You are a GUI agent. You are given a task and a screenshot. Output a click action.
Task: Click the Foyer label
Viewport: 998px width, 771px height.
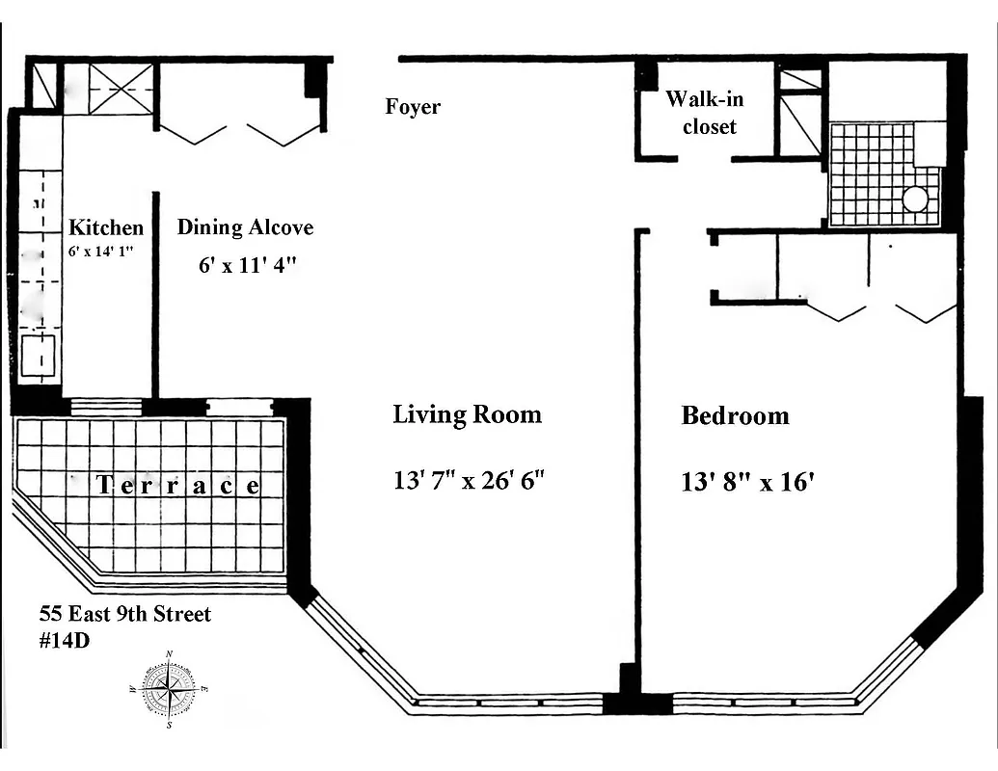(413, 107)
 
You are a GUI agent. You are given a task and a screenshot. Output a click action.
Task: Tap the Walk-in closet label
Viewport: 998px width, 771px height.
(705, 113)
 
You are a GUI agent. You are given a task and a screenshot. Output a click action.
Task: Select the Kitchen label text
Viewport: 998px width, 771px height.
(106, 228)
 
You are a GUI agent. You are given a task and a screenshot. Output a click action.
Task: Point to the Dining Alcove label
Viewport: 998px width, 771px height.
(245, 228)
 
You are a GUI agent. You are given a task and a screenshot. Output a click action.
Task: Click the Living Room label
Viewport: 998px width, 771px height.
(467, 415)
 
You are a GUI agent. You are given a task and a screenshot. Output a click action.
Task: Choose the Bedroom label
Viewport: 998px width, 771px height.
(735, 416)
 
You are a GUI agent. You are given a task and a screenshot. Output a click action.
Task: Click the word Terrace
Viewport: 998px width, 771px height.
(178, 486)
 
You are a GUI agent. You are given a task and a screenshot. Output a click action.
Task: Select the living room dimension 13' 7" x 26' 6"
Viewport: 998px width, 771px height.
(470, 480)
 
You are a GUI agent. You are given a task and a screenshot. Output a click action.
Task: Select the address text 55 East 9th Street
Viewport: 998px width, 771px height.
(124, 614)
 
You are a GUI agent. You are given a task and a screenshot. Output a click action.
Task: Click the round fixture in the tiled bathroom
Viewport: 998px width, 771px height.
(915, 199)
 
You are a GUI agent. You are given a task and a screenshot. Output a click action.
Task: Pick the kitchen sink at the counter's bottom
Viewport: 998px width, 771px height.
(40, 354)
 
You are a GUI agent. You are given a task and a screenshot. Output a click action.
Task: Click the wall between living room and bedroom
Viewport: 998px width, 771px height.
(637, 443)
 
